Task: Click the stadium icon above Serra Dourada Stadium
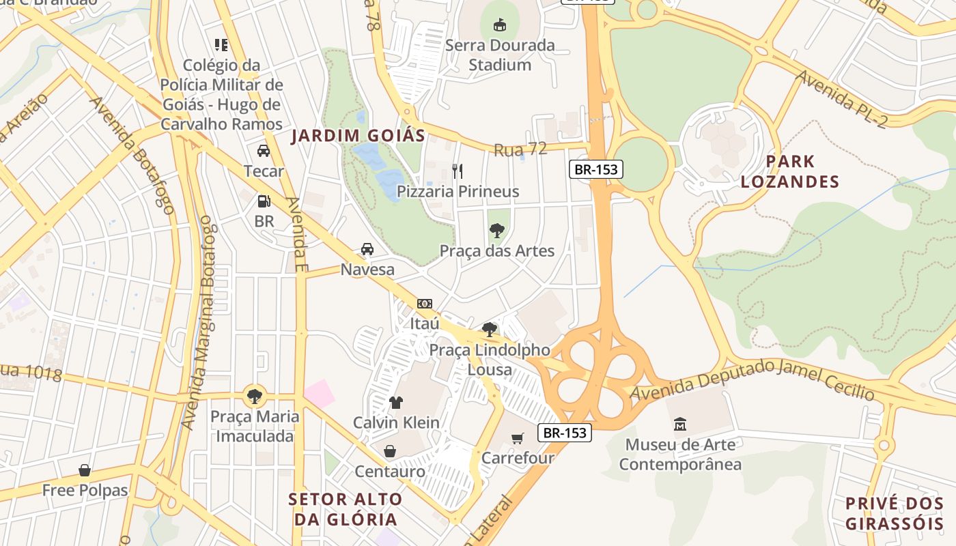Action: pyautogui.click(x=500, y=25)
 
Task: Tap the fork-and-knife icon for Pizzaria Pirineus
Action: pyautogui.click(x=458, y=171)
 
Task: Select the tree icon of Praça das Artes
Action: pyautogui.click(x=497, y=231)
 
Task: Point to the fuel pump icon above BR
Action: pyautogui.click(x=264, y=201)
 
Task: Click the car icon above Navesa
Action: pyautogui.click(x=367, y=249)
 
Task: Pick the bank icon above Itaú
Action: pyautogui.click(x=425, y=303)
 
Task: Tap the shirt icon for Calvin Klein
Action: pyautogui.click(x=396, y=402)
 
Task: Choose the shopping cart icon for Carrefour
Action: pyautogui.click(x=518, y=437)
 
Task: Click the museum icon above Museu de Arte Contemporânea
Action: pyautogui.click(x=680, y=425)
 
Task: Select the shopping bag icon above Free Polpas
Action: pyautogui.click(x=85, y=470)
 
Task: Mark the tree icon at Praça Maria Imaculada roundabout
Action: pyautogui.click(x=255, y=395)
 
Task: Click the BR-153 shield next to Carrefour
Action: pyautogui.click(x=564, y=433)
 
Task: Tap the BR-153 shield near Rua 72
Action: pyautogui.click(x=596, y=169)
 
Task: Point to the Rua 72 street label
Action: pyautogui.click(x=520, y=149)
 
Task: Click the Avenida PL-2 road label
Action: pyautogui.click(x=845, y=100)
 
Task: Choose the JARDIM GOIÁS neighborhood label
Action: pyautogui.click(x=358, y=136)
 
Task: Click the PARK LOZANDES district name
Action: pyautogui.click(x=790, y=171)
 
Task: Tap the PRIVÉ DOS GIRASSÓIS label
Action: pyautogui.click(x=894, y=514)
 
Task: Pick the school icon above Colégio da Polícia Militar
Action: pyautogui.click(x=221, y=45)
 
